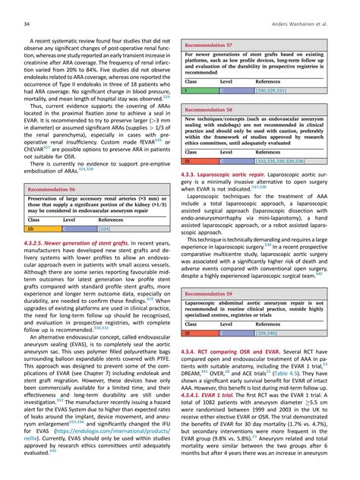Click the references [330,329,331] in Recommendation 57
(277, 90)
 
